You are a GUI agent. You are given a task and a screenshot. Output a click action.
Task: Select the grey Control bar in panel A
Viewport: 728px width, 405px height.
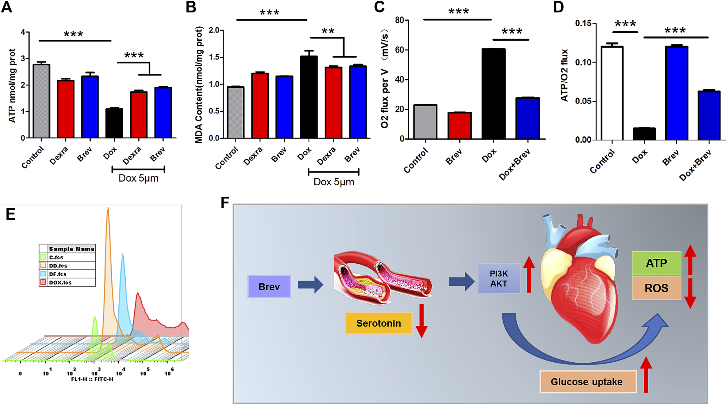41,101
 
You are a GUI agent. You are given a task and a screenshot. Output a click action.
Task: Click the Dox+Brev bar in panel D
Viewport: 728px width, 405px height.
709,115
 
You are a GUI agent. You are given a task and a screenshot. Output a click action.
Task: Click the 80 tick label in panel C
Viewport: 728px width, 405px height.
399,20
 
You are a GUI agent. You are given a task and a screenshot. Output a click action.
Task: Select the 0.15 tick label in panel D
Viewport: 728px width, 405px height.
583,23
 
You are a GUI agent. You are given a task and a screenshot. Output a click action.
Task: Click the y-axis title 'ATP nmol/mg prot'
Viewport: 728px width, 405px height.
12,85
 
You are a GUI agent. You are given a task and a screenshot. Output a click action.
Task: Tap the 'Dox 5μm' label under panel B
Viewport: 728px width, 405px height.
334,182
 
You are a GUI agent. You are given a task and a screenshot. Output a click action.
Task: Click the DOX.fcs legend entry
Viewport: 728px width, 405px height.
60,283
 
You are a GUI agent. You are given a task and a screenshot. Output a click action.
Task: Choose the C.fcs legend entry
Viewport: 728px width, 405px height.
56,258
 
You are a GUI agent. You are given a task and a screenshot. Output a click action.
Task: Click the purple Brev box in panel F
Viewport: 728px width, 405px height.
269,287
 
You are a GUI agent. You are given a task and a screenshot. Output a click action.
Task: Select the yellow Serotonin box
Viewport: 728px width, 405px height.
378,323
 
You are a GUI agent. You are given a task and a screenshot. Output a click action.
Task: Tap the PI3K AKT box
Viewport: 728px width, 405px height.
499,278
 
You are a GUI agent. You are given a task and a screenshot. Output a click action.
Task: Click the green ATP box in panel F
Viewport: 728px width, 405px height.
656,263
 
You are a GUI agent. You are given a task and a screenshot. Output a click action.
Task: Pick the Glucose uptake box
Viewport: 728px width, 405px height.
586,382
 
